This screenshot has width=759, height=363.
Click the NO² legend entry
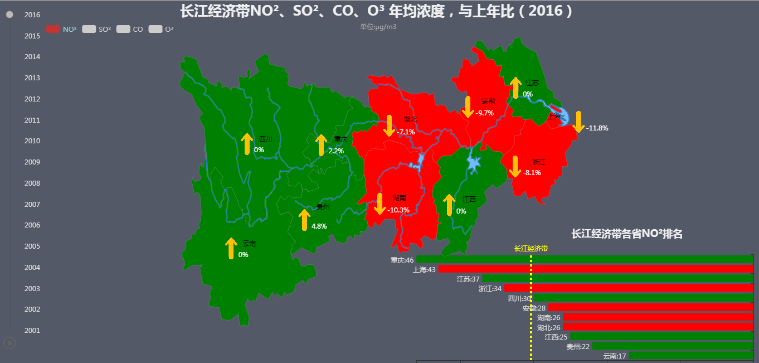click(61, 29)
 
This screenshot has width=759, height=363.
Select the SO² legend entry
click(96, 29)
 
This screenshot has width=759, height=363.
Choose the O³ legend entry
click(161, 29)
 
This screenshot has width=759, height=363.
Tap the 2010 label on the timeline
click(32, 141)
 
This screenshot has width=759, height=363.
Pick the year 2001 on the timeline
click(32, 330)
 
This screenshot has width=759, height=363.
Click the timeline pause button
click(9, 342)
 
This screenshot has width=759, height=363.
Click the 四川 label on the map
click(266, 139)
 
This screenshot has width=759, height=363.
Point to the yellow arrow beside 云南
click(231, 248)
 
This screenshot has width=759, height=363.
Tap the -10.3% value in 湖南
click(398, 210)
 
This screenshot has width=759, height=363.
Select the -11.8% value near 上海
click(597, 128)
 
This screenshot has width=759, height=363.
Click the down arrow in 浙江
click(515, 166)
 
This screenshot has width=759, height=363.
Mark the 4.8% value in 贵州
click(319, 226)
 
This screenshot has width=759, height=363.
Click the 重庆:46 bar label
click(402, 260)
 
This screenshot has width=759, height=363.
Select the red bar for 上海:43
click(595, 269)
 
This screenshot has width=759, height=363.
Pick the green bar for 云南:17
click(691, 356)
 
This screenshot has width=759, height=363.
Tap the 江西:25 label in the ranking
click(556, 337)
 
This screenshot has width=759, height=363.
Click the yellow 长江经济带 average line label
click(531, 248)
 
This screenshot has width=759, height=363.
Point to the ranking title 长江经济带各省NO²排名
click(627, 234)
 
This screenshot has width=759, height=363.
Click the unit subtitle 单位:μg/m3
click(378, 27)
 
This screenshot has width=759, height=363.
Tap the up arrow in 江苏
click(515, 88)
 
